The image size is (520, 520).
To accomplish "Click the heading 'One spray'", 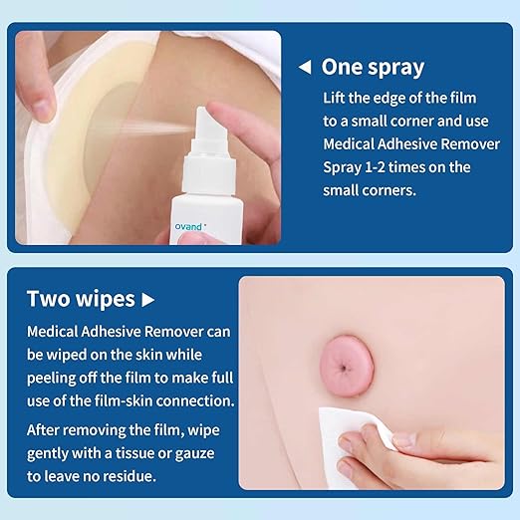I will tap(373, 68).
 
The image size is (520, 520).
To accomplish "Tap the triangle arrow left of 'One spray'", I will tap(305, 68).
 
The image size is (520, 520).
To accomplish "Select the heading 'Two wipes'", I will tap(81, 299).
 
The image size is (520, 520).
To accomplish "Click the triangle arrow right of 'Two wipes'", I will tap(148, 299).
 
